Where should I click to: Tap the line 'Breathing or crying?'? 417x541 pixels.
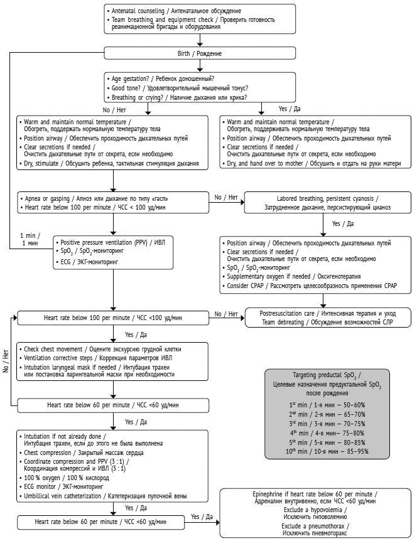pos(178,97)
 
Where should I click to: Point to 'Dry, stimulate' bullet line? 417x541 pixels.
pos(110,164)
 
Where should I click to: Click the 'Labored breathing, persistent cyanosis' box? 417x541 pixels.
pos(325,202)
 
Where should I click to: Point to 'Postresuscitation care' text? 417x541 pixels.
pos(325,313)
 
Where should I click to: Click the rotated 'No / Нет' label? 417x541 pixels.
pos(6,362)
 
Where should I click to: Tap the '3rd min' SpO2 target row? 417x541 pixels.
pos(326,424)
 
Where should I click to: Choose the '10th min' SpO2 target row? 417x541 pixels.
pos(326,451)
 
